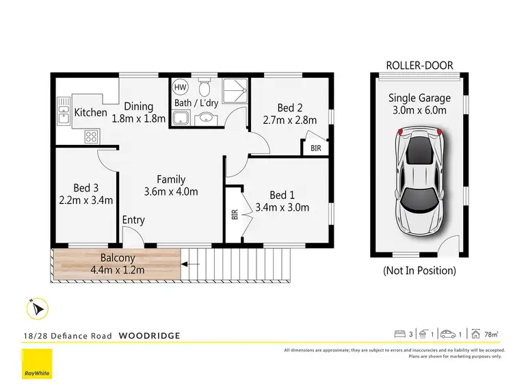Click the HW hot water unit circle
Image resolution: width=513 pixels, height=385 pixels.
tap(180, 88)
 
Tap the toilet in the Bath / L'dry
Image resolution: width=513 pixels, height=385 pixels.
tap(204, 87)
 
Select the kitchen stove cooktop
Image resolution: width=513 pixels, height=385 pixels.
tap(91, 136)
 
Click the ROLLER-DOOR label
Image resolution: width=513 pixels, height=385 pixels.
tap(420, 66)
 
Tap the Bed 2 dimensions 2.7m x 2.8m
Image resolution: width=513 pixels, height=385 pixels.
tap(290, 120)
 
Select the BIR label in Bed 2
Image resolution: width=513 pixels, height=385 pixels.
tap(315, 148)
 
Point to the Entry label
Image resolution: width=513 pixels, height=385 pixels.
tap(133, 220)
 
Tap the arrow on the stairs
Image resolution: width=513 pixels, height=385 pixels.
tap(192, 263)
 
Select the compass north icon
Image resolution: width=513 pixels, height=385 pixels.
tap(38, 309)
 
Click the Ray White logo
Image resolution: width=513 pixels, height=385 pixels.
tap(37, 364)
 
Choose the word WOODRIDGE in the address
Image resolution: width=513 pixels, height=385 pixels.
tap(150, 335)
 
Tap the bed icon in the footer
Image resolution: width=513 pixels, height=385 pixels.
tap(401, 334)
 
